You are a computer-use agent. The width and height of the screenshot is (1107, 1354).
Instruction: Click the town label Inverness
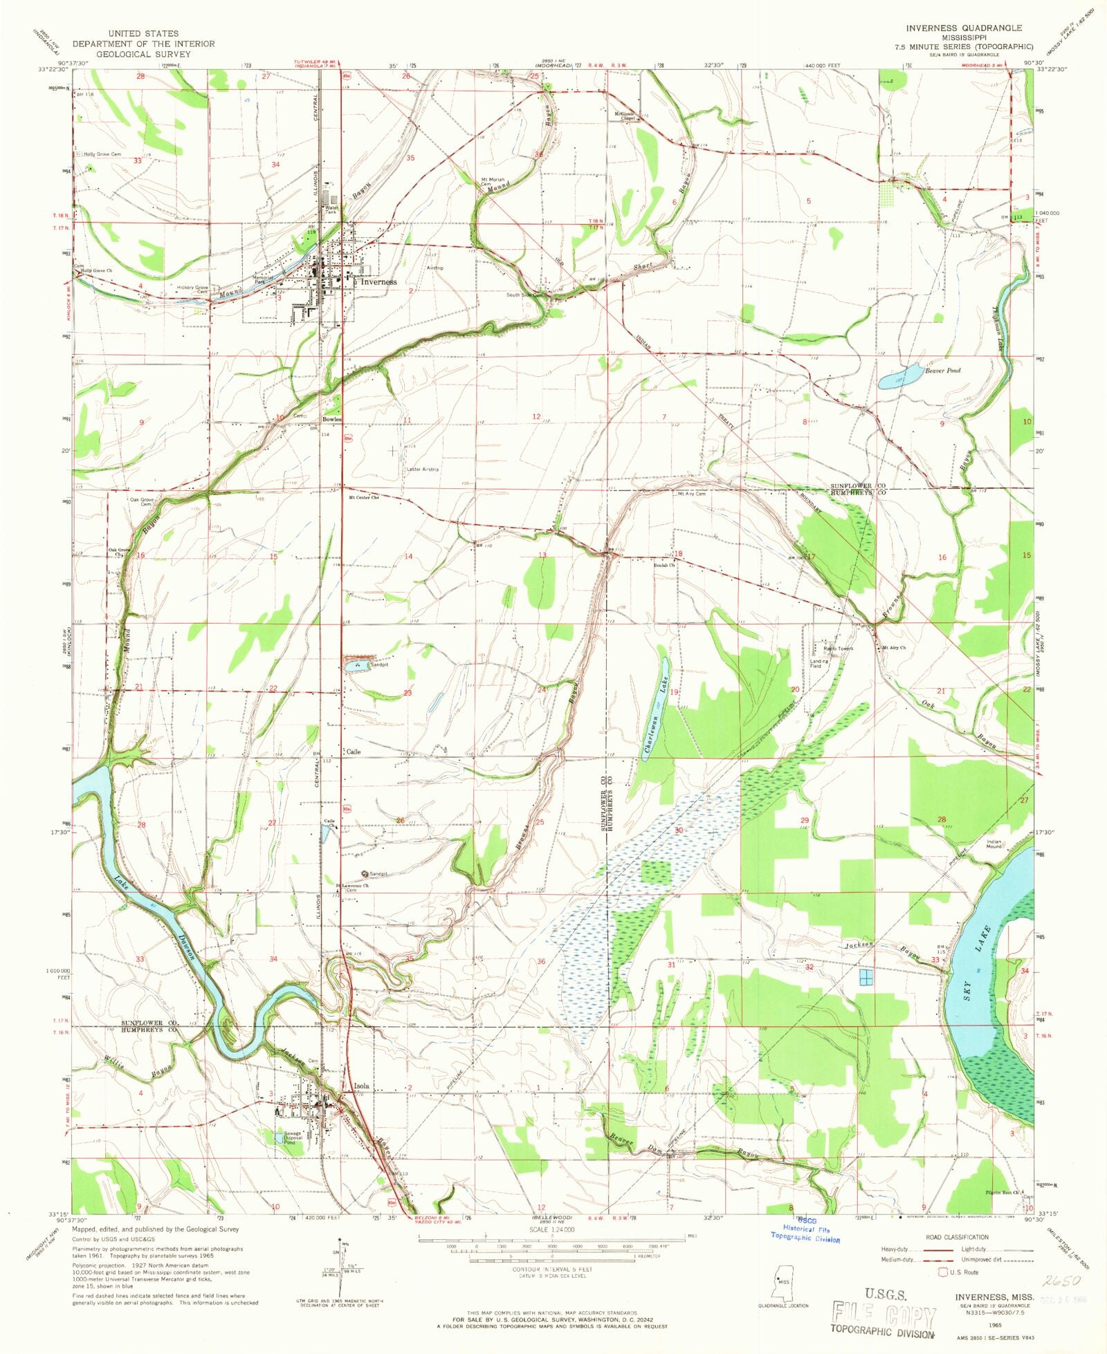click(x=378, y=282)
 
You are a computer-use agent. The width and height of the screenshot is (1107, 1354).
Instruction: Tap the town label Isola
click(x=362, y=1086)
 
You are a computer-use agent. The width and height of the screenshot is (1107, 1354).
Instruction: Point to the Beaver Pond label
click(x=943, y=371)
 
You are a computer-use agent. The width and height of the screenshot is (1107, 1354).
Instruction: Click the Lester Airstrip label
click(x=423, y=470)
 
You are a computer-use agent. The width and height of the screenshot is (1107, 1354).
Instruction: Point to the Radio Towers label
click(x=839, y=649)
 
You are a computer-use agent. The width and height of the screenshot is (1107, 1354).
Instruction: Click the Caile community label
click(x=354, y=752)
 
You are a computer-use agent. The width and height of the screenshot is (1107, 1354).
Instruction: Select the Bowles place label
click(x=331, y=420)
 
